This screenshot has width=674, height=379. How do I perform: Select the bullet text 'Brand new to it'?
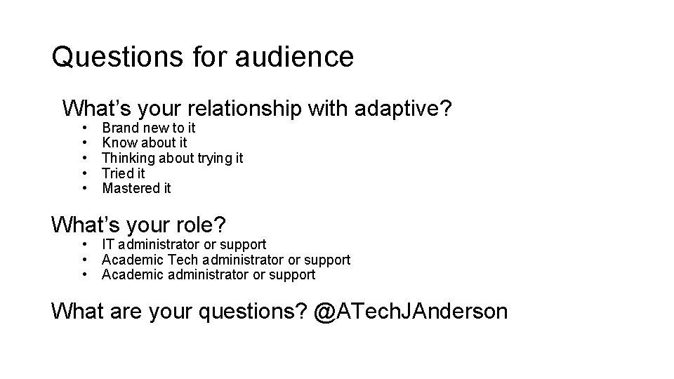(149, 128)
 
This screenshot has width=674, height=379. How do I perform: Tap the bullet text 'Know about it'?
(144, 143)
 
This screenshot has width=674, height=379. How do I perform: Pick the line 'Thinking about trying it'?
(173, 158)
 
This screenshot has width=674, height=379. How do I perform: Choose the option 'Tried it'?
(124, 173)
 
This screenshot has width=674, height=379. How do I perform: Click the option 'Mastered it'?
(136, 188)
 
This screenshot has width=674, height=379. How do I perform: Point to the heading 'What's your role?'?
(138, 225)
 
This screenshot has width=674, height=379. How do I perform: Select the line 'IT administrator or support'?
(184, 244)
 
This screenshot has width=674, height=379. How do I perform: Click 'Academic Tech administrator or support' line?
(226, 260)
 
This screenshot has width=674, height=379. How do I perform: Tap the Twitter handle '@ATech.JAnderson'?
(410, 310)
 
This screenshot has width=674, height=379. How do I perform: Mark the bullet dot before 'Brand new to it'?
(84, 128)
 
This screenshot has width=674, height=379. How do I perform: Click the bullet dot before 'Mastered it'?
(84, 188)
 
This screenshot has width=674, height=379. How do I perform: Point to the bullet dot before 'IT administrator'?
(84, 244)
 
